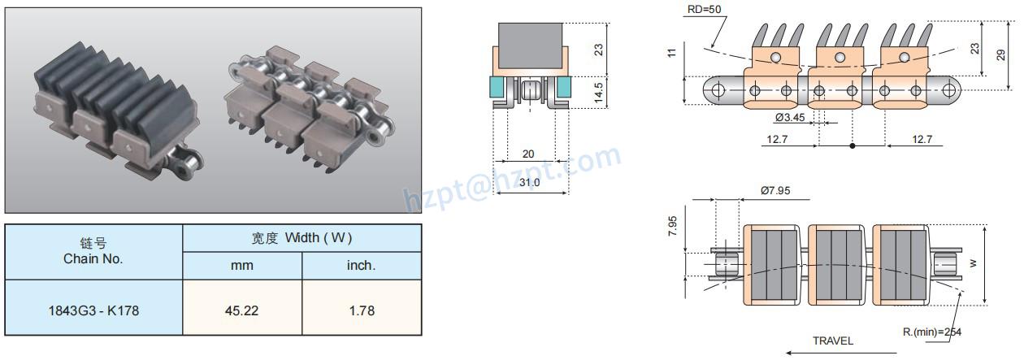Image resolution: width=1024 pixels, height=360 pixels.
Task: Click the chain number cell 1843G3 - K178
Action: pyautogui.click(x=93, y=310)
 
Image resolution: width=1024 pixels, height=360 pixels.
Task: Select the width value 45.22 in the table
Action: pyautogui.click(x=242, y=310)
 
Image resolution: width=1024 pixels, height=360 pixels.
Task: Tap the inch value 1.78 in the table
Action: pyautogui.click(x=361, y=310)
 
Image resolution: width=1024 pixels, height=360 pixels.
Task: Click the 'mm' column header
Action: pyautogui.click(x=242, y=266)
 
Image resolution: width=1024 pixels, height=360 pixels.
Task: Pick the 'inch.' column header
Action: pyautogui.click(x=361, y=266)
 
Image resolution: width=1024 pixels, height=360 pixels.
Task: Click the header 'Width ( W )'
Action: pyautogui.click(x=302, y=238)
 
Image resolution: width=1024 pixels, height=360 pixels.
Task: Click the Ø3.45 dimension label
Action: pyautogui.click(x=791, y=118)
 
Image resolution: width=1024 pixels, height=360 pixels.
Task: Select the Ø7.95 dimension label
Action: pyautogui.click(x=775, y=191)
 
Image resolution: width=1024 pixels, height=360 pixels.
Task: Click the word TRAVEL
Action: pyautogui.click(x=833, y=340)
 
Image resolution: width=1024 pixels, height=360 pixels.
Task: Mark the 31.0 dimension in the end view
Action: pyautogui.click(x=529, y=183)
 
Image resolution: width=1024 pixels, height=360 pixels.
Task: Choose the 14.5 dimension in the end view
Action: pyautogui.click(x=598, y=90)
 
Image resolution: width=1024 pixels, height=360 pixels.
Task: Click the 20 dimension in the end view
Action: pyautogui.click(x=528, y=154)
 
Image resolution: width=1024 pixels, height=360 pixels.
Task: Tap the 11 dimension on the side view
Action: pyautogui.click(x=671, y=53)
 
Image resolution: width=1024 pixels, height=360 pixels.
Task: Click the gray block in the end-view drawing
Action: pyautogui.click(x=530, y=44)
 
